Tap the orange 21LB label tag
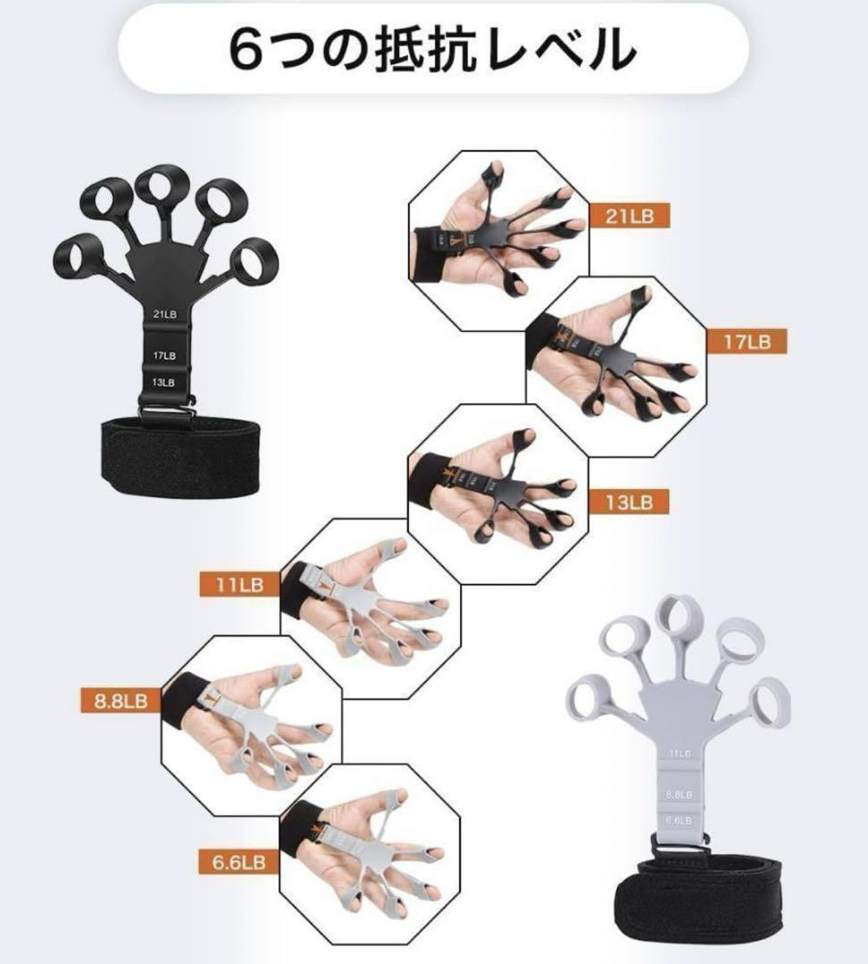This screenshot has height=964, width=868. [x=629, y=217]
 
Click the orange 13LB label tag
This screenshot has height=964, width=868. [x=629, y=502]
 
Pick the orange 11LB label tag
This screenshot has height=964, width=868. [x=239, y=585]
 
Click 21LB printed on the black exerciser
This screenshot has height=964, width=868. [x=163, y=313]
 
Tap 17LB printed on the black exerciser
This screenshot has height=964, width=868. [x=163, y=355]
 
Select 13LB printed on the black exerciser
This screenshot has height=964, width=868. [x=163, y=382]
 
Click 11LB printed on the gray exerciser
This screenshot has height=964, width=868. [x=681, y=754]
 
